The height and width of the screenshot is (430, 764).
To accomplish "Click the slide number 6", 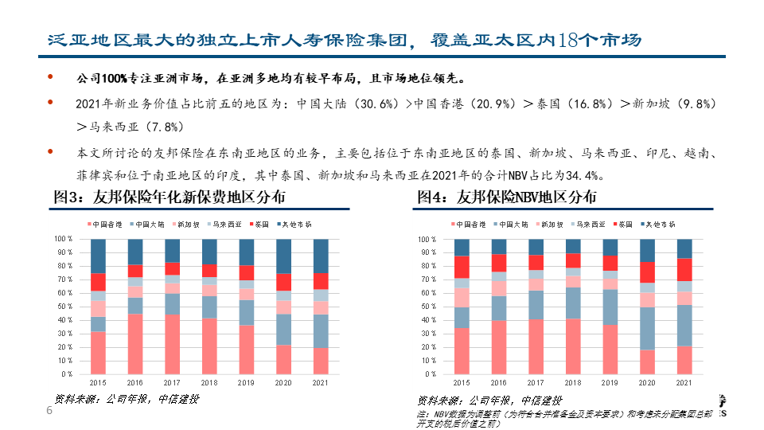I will point(49,411).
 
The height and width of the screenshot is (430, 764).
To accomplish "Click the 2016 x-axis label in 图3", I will point(134,383).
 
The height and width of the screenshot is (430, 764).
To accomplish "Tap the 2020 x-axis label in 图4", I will point(647,383).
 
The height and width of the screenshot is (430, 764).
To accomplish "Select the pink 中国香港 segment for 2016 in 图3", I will point(134,343).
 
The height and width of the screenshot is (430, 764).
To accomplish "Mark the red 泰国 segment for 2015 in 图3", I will point(98,282).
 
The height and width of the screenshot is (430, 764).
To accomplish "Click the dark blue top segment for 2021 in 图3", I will point(320,256).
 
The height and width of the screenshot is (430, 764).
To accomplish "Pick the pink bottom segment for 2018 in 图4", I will point(574,346).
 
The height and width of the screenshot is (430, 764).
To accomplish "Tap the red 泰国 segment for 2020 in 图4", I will point(647,272).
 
